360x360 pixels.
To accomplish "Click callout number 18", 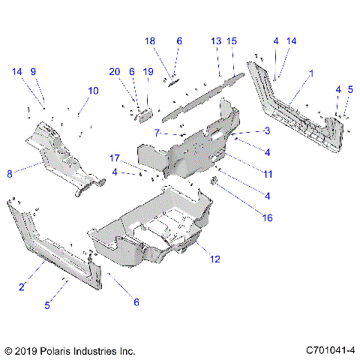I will click(x=149, y=40).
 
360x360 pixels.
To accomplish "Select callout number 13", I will click(x=216, y=40).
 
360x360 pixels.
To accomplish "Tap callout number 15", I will click(x=232, y=40).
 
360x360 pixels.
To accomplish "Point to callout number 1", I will click(x=311, y=73).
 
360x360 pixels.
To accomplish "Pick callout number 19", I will click(x=148, y=71).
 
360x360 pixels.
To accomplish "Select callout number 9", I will click(x=32, y=71).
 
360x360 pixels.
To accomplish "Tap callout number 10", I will click(x=93, y=91).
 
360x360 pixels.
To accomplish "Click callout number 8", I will click(x=10, y=173).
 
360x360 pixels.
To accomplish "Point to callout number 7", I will click(x=155, y=132).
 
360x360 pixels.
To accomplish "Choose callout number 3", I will click(x=266, y=130).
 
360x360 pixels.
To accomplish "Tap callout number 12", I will click(x=215, y=259).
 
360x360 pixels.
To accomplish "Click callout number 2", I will click(x=22, y=286).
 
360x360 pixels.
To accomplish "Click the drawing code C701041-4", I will click(x=330, y=350).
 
